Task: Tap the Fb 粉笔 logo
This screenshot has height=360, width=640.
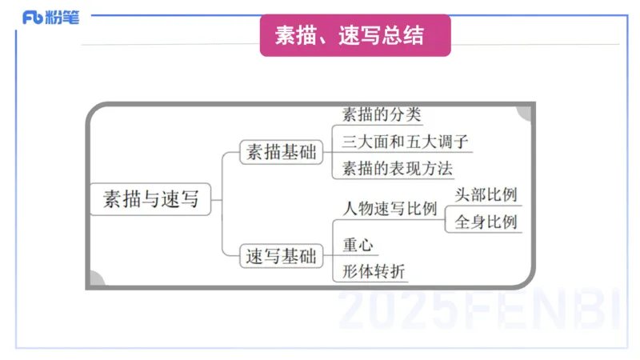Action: (x=50, y=17)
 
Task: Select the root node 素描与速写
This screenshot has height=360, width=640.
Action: (x=150, y=198)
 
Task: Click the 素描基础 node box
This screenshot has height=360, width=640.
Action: (x=281, y=152)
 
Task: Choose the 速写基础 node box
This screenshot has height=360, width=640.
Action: (x=281, y=257)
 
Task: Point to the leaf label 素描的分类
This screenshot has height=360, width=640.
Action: (x=381, y=114)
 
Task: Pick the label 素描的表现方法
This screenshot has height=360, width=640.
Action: (x=397, y=169)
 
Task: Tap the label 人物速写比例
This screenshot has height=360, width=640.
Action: (x=389, y=210)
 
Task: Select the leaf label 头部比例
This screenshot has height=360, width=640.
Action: (x=486, y=195)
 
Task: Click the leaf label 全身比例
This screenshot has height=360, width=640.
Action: (x=486, y=222)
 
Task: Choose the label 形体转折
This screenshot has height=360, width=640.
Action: (x=374, y=272)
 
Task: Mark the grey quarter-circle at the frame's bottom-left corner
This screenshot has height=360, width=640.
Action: (x=94, y=280)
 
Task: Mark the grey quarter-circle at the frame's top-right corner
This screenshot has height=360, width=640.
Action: (x=526, y=111)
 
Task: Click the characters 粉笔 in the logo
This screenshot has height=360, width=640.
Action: (x=64, y=17)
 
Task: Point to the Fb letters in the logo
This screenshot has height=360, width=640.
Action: (x=34, y=18)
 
